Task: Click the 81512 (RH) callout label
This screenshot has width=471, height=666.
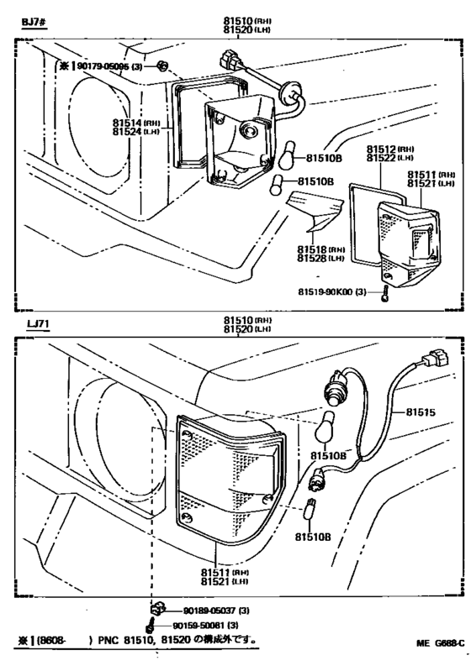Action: (384, 149)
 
